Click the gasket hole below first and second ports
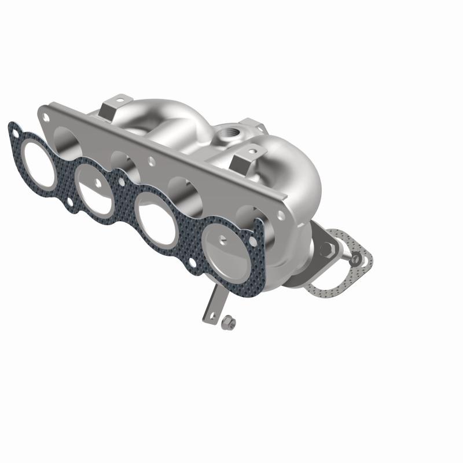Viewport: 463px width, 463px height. pos(70,201)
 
